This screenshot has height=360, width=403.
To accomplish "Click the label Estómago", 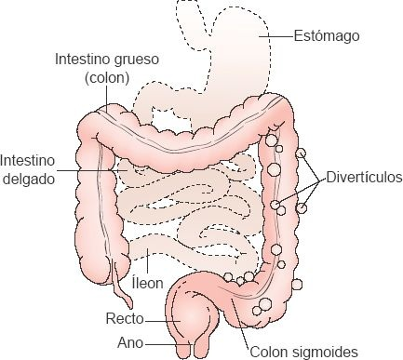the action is pos(326,36).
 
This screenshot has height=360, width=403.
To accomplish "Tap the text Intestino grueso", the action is pos(105,59).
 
